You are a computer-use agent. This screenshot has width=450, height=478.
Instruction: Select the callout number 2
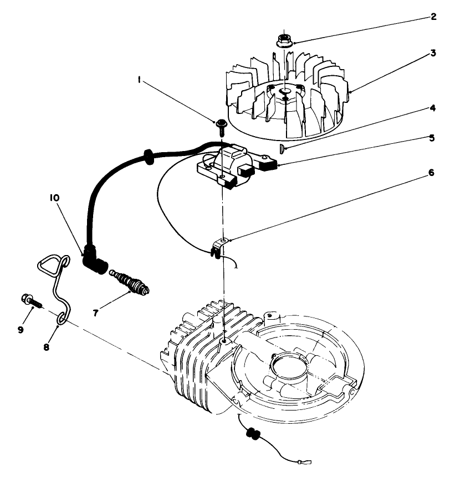pyautogui.click(x=433, y=17)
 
